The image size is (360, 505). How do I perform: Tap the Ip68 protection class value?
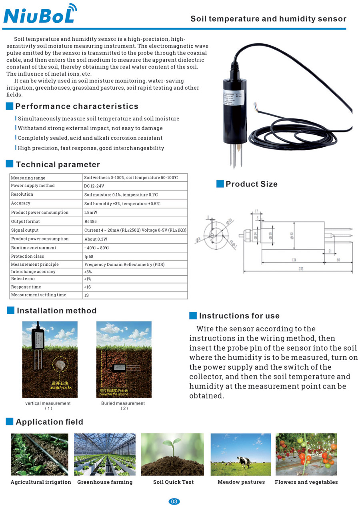[x=89, y=256]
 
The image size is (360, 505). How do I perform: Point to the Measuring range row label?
[x=28, y=178]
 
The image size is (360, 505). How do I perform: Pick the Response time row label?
[x=26, y=287]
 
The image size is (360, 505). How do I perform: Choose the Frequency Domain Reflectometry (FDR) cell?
[x=124, y=265]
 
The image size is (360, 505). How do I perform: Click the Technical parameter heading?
[x=58, y=164]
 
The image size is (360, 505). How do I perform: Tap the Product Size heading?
[x=251, y=184]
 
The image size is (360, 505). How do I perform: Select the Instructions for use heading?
[x=239, y=316]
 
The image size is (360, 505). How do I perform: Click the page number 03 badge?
[x=174, y=501]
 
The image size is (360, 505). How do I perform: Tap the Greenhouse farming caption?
[x=105, y=482]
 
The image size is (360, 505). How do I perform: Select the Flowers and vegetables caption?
[x=306, y=482]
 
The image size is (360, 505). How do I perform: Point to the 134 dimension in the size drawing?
[x=294, y=260]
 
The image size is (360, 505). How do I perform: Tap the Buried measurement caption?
[x=123, y=403]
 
